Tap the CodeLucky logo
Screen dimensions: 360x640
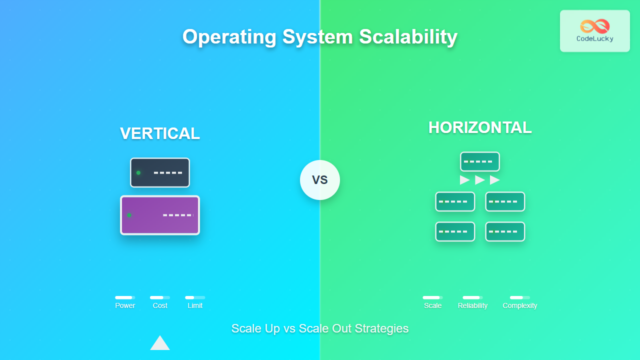coord(594,31)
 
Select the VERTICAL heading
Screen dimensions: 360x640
coord(160,133)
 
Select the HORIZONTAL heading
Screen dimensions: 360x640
coord(480,127)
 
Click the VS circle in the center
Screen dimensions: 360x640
coord(320,180)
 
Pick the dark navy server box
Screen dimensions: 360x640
coord(160,172)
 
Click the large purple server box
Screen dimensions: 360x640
coord(160,215)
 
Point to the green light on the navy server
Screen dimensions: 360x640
coord(138,173)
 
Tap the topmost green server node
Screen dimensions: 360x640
coord(480,161)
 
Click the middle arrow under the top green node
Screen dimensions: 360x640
coord(480,180)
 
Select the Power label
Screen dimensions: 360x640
coord(125,305)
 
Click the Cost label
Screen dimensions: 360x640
coord(160,305)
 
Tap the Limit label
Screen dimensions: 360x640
coord(195,305)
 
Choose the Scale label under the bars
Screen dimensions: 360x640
coord(432,305)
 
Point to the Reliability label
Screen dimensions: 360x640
coord(472,305)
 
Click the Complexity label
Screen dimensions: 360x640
coord(520,305)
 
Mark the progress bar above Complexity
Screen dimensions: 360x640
coord(520,297)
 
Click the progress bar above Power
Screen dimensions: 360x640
coord(125,297)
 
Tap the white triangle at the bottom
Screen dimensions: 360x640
coord(160,343)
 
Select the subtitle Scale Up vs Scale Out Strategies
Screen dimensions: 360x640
coord(320,328)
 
